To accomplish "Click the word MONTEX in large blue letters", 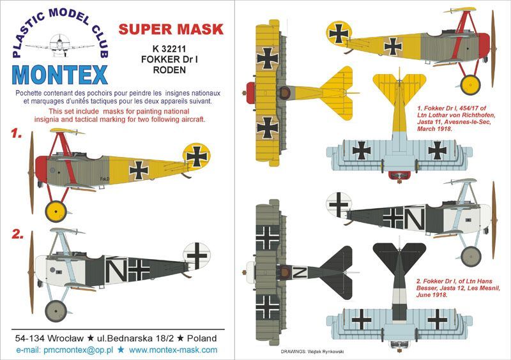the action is coord(59,75).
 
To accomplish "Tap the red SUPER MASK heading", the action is coord(171,29).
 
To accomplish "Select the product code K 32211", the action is coord(169,49).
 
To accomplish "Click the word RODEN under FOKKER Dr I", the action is coord(169,70).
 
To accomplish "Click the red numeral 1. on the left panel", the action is coord(17,133).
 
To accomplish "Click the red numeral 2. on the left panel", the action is coord(18,234).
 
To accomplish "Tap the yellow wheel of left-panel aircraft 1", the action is coord(56,211).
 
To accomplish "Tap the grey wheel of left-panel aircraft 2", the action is coord(56,311).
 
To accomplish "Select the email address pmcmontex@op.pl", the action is coord(78,350).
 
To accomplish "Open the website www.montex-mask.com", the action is coord(173,350).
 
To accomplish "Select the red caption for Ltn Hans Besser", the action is coord(458,288).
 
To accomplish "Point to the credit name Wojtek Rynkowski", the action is coord(325,352).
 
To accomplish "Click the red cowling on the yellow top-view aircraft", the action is coord(250,93).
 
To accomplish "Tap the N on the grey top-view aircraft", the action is coord(299,273).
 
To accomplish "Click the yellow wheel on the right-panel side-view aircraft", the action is coord(471,85).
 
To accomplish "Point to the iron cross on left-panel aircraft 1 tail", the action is coord(197,156).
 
